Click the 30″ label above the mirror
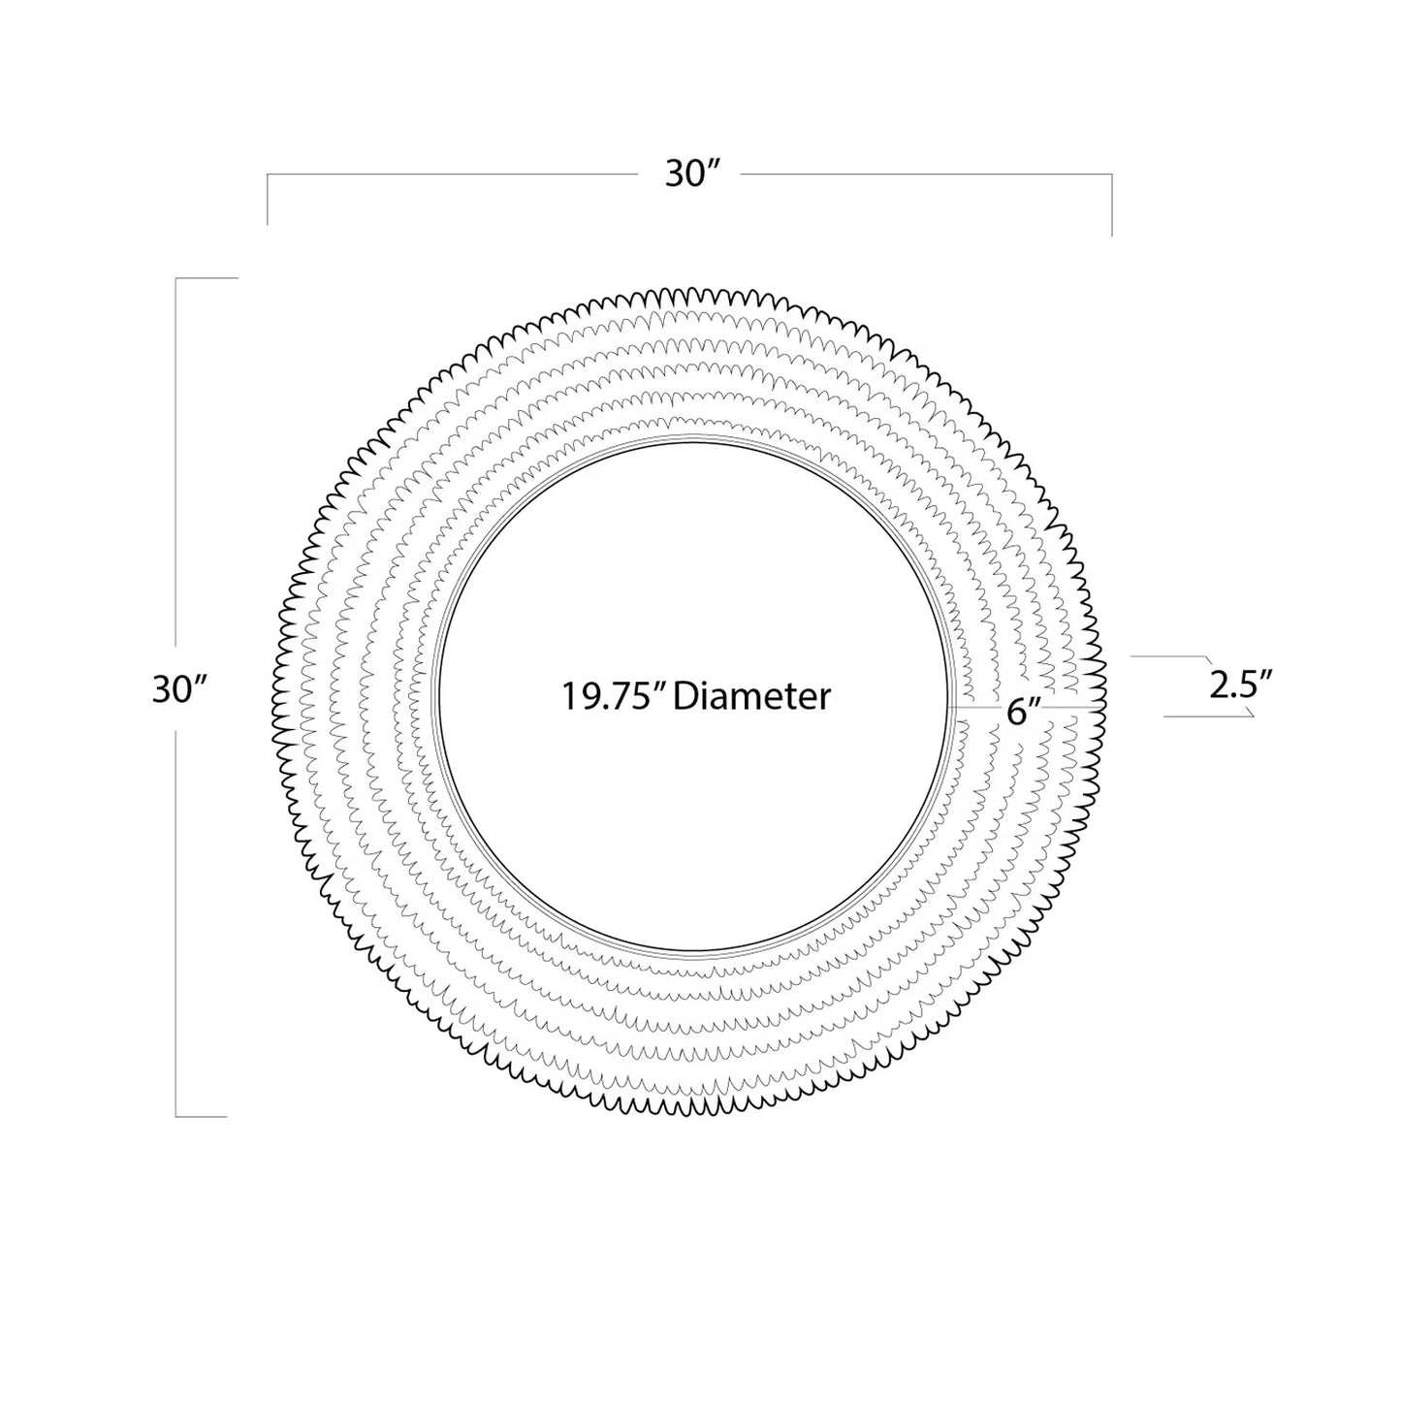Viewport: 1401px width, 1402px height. click(691, 175)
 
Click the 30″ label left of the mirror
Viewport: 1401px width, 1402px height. click(179, 688)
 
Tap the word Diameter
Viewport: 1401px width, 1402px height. click(751, 696)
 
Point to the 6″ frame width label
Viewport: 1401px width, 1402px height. click(1024, 713)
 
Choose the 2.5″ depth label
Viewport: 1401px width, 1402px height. click(1241, 685)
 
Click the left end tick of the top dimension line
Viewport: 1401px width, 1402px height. click(268, 200)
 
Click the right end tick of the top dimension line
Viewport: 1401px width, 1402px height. click(1112, 206)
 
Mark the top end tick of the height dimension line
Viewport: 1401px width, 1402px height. click(207, 278)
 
